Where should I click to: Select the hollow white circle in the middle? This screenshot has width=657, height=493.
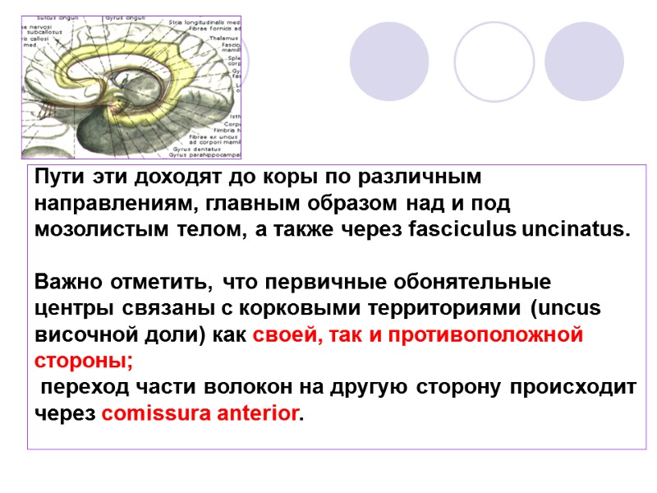[x=494, y=62]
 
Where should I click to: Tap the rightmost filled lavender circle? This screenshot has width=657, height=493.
[x=584, y=62]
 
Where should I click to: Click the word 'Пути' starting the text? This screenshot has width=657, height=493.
[x=57, y=177]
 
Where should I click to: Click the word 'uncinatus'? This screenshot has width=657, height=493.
[x=576, y=228]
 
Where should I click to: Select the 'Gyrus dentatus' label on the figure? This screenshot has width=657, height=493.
[x=186, y=148]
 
